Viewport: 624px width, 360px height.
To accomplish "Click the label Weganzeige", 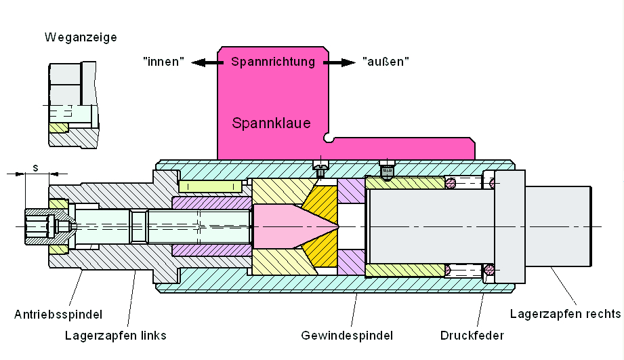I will [x=81, y=37].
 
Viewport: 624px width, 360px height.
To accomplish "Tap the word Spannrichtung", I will [x=273, y=62].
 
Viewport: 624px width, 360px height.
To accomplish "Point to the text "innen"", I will [x=164, y=62].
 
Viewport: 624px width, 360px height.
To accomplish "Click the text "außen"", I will [x=386, y=62].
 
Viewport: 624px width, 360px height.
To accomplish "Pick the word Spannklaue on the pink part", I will [x=271, y=123].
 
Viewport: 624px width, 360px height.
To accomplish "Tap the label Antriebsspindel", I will [x=58, y=315].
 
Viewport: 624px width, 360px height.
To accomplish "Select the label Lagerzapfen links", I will [x=116, y=335].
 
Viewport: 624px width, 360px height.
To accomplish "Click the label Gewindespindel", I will [x=347, y=335].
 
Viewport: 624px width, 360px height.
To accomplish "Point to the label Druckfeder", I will [x=472, y=335].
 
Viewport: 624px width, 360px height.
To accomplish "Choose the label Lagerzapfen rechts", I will [x=565, y=314].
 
